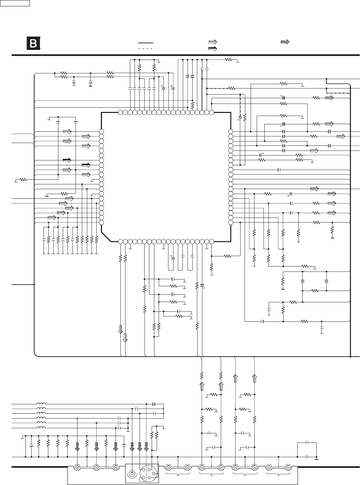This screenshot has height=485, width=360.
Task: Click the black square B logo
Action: tap(33, 44)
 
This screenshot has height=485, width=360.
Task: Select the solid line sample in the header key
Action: tap(145, 43)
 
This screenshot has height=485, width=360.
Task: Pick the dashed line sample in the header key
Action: tap(145, 49)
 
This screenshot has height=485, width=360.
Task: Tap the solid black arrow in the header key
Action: tap(212, 49)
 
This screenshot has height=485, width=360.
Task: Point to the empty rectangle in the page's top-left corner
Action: tap(15, 3)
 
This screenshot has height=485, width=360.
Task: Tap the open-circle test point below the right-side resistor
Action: tap(298, 241)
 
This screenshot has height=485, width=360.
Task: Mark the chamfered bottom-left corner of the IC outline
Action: tap(106, 236)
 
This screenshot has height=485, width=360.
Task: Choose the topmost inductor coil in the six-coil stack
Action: tap(41, 404)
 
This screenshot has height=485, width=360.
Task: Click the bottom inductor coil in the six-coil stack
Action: tap(41, 428)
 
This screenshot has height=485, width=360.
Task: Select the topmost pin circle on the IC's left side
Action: tap(101, 131)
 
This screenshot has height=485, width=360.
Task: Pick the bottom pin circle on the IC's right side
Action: tap(230, 222)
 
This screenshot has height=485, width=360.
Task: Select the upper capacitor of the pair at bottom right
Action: tap(307, 442)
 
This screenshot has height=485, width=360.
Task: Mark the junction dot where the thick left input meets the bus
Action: tap(35, 284)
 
